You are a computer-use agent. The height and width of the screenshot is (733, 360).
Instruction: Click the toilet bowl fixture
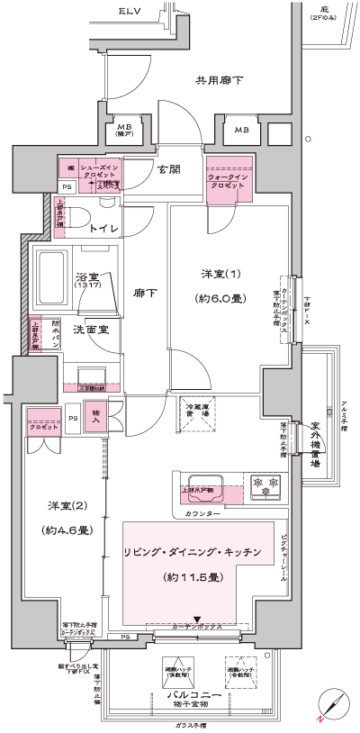coord(78,221)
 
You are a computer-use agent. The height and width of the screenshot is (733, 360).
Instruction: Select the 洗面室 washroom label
coord(91,330)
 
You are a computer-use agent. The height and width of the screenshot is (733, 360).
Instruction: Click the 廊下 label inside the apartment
coord(145,293)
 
